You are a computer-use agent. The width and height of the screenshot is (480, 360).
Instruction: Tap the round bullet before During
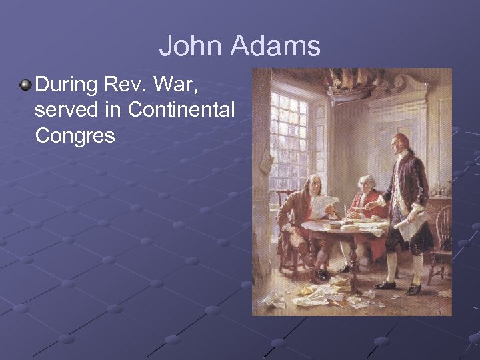(25, 85)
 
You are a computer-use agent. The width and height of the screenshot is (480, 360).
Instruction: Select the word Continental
(181, 110)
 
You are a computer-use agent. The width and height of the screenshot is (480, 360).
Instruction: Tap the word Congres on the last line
(75, 135)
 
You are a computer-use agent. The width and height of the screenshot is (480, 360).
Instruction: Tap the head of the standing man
(400, 143)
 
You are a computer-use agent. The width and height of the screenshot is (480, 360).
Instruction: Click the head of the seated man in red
(365, 184)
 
